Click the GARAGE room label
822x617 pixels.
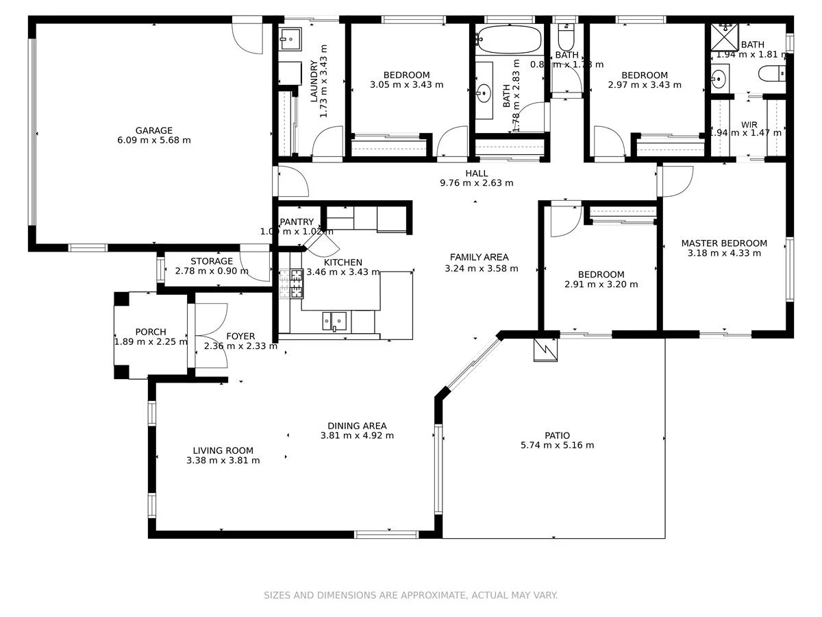click(x=153, y=130)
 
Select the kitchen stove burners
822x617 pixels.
click(x=296, y=284)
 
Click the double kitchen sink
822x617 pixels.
click(x=334, y=321)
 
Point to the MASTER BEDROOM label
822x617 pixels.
click(x=724, y=243)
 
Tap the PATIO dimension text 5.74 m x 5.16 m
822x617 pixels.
click(x=557, y=445)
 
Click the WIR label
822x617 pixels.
click(x=749, y=125)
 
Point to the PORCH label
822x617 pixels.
click(x=150, y=332)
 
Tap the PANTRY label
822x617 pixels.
click(x=297, y=221)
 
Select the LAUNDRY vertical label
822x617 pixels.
click(x=314, y=81)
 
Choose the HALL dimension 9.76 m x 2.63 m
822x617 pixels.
click(x=476, y=183)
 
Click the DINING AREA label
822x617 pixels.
click(x=357, y=426)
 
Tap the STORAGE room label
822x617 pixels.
click(x=212, y=261)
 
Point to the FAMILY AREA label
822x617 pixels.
click(x=479, y=257)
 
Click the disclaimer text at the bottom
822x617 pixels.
click(x=411, y=595)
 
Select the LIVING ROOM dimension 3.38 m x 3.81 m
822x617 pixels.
click(x=223, y=461)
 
